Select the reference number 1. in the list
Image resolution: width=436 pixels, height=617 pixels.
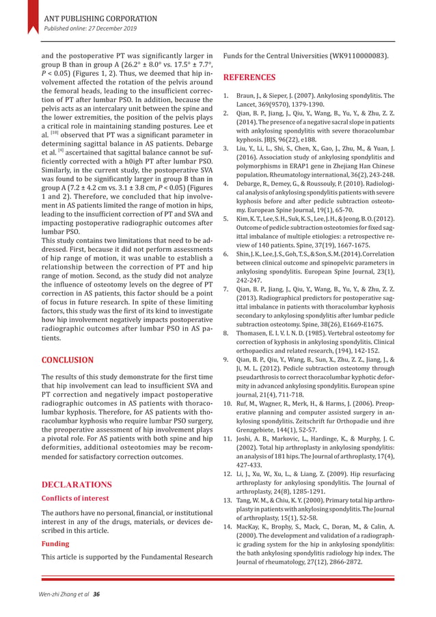(x=226, y=96)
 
